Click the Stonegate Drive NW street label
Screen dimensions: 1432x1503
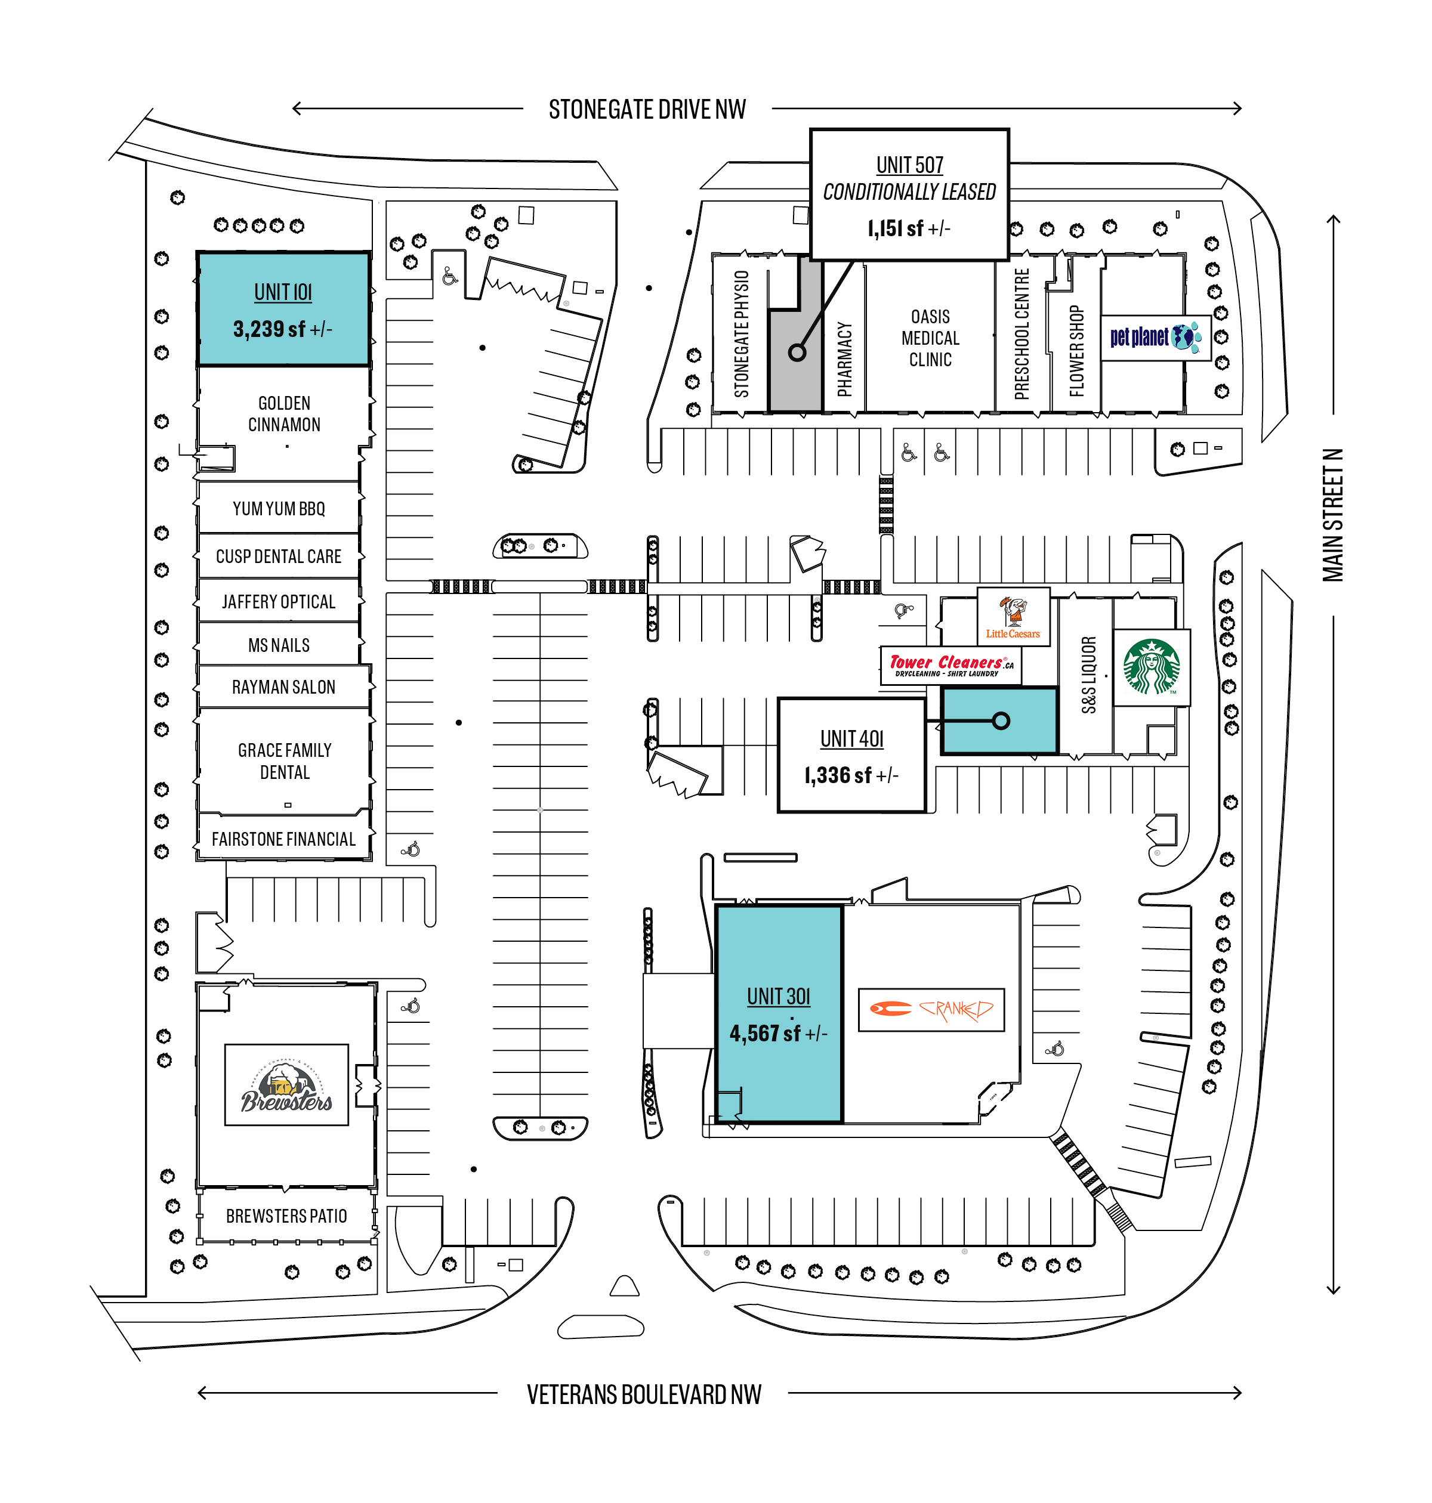pyautogui.click(x=647, y=110)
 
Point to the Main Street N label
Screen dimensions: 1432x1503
pyautogui.click(x=1333, y=515)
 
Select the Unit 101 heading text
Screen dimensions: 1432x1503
pyautogui.click(x=283, y=292)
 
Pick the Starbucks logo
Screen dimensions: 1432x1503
pyautogui.click(x=1152, y=667)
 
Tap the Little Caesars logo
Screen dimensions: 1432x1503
pyautogui.click(x=1013, y=617)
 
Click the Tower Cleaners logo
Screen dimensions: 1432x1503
pyautogui.click(x=951, y=665)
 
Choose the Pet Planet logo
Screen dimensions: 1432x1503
pyautogui.click(x=1156, y=336)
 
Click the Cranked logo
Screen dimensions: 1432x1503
pyautogui.click(x=931, y=1009)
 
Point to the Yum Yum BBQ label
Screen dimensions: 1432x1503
pyautogui.click(x=279, y=508)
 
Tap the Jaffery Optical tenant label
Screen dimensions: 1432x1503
pyautogui.click(x=279, y=602)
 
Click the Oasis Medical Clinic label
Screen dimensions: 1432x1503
pyautogui.click(x=930, y=338)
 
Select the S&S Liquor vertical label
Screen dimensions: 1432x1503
pyautogui.click(x=1088, y=675)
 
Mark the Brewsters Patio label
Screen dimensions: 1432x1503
pyautogui.click(x=286, y=1216)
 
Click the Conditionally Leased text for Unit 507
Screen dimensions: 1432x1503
pyautogui.click(x=909, y=191)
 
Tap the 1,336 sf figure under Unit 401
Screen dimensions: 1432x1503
pyautogui.click(x=851, y=775)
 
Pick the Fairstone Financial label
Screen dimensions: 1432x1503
pyautogui.click(x=283, y=839)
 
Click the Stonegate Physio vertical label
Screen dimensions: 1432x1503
pyautogui.click(x=741, y=333)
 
